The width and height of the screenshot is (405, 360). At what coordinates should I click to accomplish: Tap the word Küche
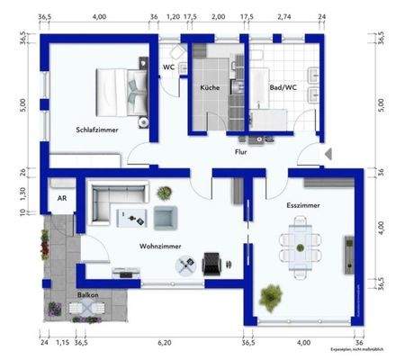click(x=210, y=88)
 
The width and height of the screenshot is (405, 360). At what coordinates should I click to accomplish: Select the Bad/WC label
click(x=283, y=88)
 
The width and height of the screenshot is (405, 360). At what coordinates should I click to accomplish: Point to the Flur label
click(x=240, y=153)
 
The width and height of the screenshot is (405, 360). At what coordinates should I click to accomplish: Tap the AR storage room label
click(x=62, y=197)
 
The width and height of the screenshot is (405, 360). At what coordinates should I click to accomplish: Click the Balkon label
click(x=87, y=294)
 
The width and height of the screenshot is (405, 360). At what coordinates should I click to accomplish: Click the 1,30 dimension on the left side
click(x=23, y=191)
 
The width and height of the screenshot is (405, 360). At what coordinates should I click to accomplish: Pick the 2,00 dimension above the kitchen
click(x=218, y=17)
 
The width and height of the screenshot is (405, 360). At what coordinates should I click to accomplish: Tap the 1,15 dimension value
click(x=62, y=342)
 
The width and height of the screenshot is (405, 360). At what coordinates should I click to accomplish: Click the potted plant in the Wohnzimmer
click(x=165, y=193)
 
